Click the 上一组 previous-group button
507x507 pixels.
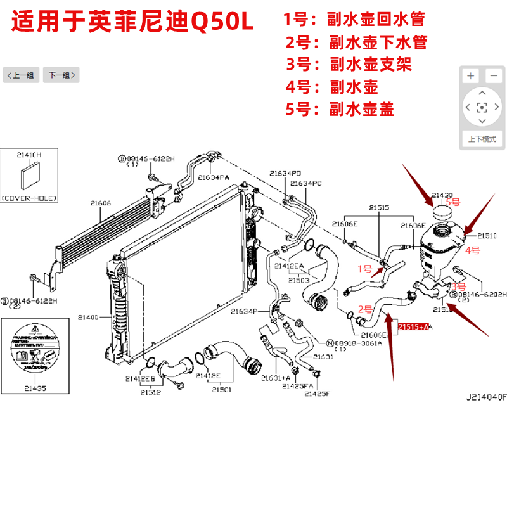point(20,75)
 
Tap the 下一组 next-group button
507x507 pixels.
point(61,75)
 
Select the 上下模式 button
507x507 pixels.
point(482,139)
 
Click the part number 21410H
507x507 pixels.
point(29,154)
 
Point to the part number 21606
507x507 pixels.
point(100,203)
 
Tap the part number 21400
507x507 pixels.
point(89,316)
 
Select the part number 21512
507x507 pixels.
point(150,392)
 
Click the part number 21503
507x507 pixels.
point(298,280)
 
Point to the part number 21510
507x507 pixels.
point(487,235)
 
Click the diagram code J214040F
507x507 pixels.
point(486,397)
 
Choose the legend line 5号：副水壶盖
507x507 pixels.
point(340,109)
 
